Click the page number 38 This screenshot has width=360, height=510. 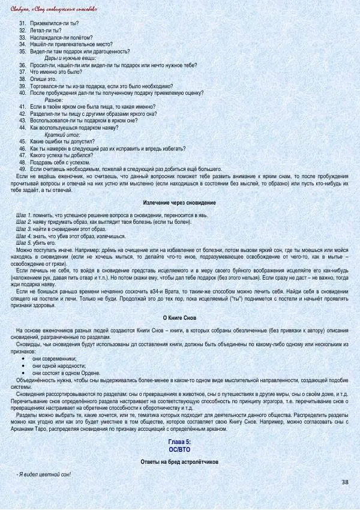pyautogui.click(x=344, y=482)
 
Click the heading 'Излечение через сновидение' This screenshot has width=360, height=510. pyautogui.click(x=179, y=203)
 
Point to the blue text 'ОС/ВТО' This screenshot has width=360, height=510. pyautogui.click(x=179, y=448)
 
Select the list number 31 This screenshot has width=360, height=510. pyautogui.click(x=22, y=23)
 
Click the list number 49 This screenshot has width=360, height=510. pyautogui.click(x=22, y=169)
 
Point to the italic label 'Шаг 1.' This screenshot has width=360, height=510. pyautogui.click(x=24, y=215)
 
